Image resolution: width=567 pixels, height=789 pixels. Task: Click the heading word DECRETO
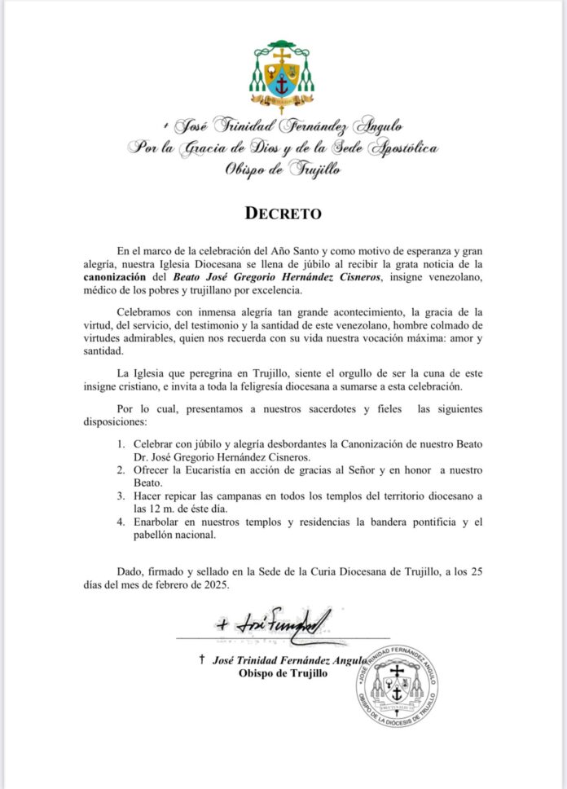point(283,214)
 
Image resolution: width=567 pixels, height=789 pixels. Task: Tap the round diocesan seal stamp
point(397,685)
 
